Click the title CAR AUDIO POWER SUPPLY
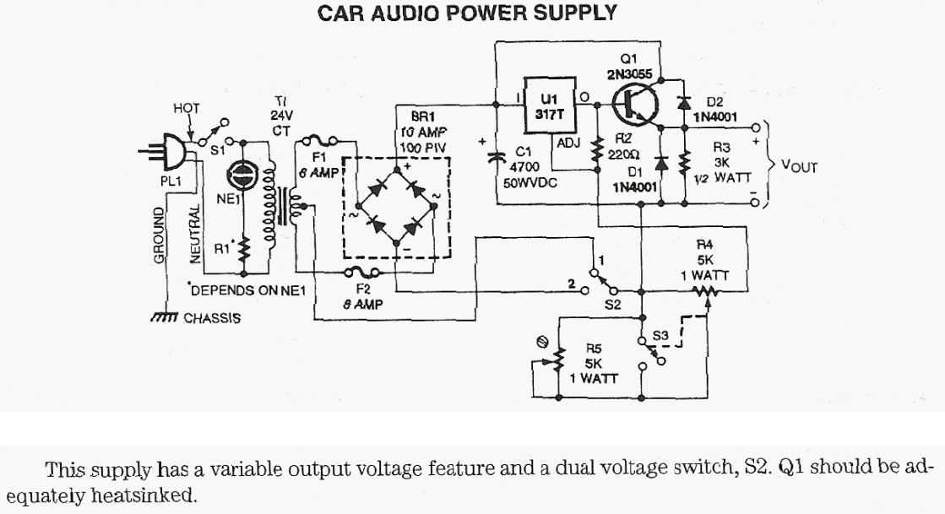pyautogui.click(x=467, y=14)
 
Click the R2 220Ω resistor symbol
pyautogui.click(x=598, y=150)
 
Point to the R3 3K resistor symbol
pyautogui.click(x=685, y=160)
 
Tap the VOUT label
pyautogui.click(x=799, y=166)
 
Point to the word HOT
pyautogui.click(x=186, y=108)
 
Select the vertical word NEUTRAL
pyautogui.click(x=195, y=230)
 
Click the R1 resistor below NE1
pyautogui.click(x=243, y=248)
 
